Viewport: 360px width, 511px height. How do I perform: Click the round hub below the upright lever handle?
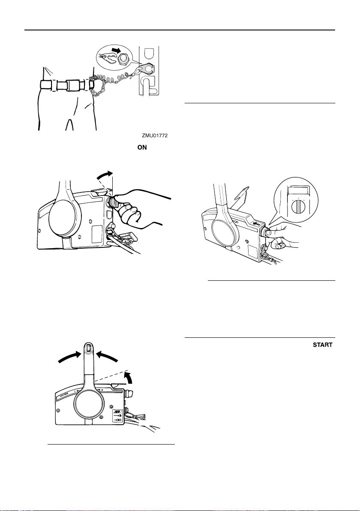tap(87, 406)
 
